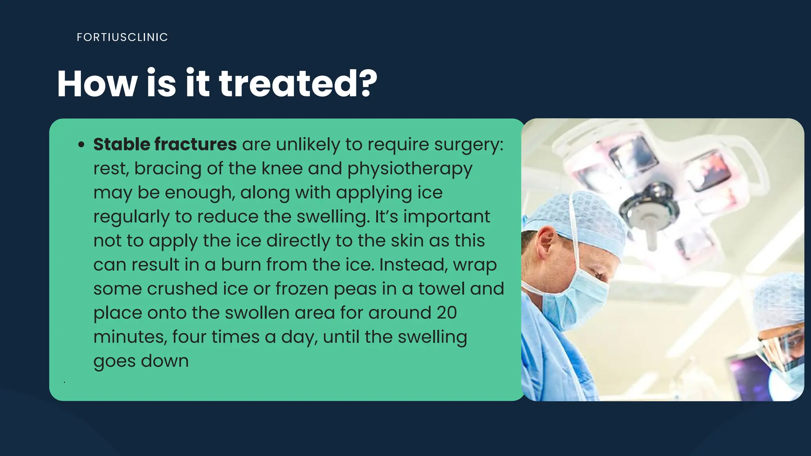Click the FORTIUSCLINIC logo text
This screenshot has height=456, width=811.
point(122,37)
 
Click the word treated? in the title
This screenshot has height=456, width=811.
point(298,84)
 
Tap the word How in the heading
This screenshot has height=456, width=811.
point(97,84)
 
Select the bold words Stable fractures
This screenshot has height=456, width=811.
point(165,144)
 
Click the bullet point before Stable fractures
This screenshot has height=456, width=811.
point(81,145)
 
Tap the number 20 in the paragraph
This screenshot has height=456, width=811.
point(447,313)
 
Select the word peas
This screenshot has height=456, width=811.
point(355,289)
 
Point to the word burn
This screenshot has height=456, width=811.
point(240,265)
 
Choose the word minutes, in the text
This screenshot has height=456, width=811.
point(130,337)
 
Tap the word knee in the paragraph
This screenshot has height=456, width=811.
point(282,169)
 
